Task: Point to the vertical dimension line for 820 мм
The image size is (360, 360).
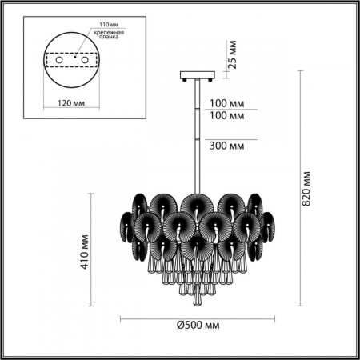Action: pos(300,189)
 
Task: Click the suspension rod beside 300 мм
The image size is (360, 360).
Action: pos(196,136)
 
